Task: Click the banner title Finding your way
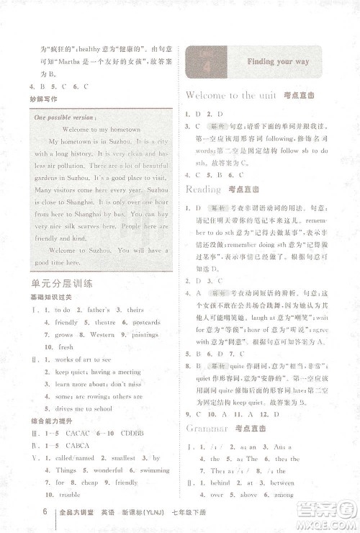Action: (x=278, y=62)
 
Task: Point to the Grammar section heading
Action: (x=206, y=429)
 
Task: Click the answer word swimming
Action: (x=148, y=470)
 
